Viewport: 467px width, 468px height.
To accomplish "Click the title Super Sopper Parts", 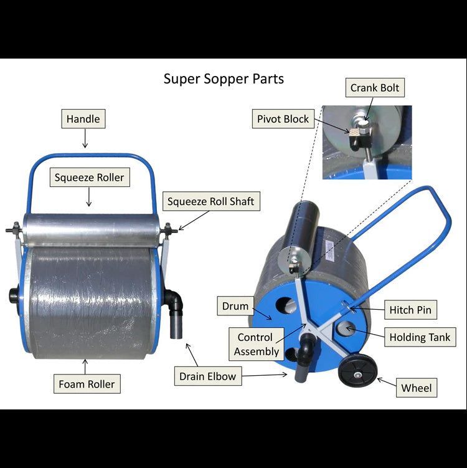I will point(224,79).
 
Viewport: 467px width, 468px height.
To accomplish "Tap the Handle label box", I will point(83,119).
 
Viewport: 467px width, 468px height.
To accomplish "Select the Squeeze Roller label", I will point(89,178).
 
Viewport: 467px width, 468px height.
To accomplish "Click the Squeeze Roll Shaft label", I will point(210,202).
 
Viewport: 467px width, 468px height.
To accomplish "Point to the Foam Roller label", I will point(87,384).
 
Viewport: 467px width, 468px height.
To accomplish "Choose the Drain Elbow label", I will point(208,376).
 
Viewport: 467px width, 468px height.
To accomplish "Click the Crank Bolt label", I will point(375,88).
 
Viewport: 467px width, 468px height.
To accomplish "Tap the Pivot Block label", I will point(283,119).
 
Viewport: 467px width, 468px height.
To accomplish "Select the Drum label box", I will point(235,307).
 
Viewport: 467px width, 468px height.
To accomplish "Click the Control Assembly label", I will point(257,345).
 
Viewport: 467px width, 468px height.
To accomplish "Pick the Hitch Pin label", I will point(409,310).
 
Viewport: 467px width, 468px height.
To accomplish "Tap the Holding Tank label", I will point(420,338).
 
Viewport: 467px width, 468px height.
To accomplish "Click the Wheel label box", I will point(416,388).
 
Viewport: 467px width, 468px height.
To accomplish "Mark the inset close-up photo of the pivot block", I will point(367,142).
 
